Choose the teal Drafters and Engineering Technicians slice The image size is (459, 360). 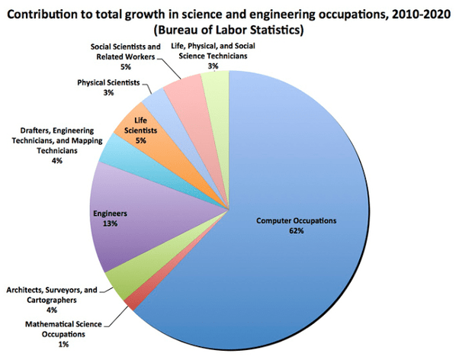point(107,153)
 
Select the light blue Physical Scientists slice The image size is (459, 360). point(159,104)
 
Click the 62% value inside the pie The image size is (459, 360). point(297,231)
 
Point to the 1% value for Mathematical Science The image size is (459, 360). point(63,345)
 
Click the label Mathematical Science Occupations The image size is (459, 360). point(63,329)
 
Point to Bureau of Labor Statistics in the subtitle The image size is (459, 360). point(230,29)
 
